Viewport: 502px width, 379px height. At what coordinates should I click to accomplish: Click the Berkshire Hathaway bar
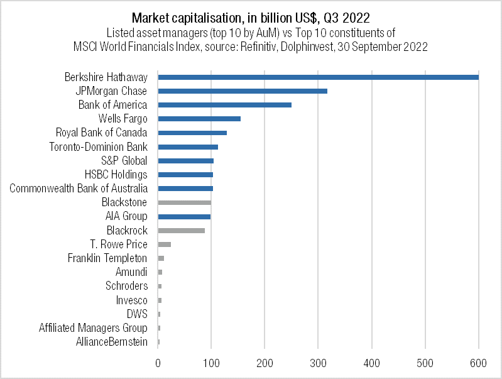318,77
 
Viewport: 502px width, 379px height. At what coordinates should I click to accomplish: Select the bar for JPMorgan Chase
243,91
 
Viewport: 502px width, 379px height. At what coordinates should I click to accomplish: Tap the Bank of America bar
224,105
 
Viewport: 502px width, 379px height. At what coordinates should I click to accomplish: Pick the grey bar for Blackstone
185,202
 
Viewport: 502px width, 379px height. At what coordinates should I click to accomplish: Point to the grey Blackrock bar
182,231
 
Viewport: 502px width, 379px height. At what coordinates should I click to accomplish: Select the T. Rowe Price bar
165,244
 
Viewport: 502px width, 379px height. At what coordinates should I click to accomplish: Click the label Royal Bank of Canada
101,133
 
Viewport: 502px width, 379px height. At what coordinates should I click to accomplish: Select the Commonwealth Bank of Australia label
79,189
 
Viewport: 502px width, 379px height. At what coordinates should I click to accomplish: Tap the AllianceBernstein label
112,342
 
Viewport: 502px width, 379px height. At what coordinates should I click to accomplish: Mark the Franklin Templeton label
107,258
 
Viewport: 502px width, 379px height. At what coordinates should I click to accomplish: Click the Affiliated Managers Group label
93,328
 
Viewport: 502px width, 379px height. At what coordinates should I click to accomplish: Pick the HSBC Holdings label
116,175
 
